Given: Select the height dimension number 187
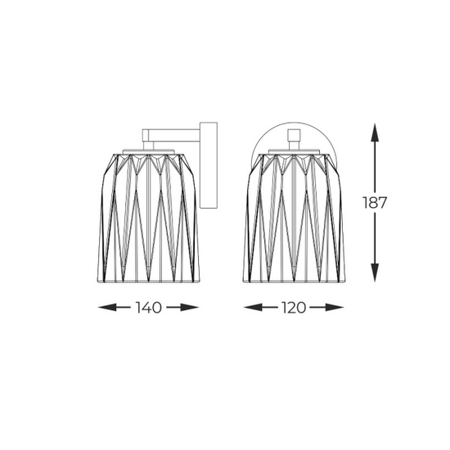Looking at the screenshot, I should [376, 202].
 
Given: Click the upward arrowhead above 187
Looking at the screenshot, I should [376, 128].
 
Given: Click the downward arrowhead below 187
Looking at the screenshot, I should [376, 276].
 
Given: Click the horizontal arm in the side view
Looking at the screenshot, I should [172, 132].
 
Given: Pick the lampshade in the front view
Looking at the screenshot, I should [295, 213].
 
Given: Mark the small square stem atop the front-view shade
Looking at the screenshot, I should [295, 139].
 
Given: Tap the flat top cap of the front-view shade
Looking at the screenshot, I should [295, 149].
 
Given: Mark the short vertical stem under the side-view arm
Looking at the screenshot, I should [151, 142].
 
